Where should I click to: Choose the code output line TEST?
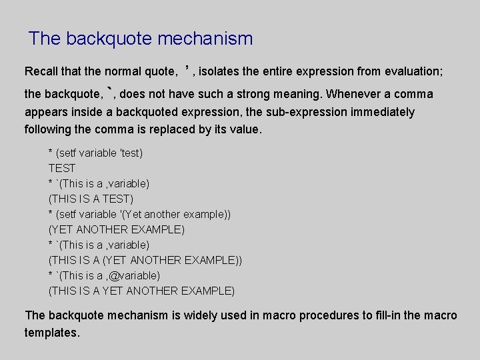pyautogui.click(x=62, y=168)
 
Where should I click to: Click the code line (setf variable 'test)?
pyautogui.click(x=99, y=153)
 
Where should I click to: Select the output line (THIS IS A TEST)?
pyautogui.click(x=91, y=199)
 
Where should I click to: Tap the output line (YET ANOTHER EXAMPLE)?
pyautogui.click(x=117, y=229)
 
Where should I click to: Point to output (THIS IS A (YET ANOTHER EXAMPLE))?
pyautogui.click(x=145, y=260)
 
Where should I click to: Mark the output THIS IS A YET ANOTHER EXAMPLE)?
pyautogui.click(x=141, y=291)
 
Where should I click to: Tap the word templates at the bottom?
pyautogui.click(x=51, y=332)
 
